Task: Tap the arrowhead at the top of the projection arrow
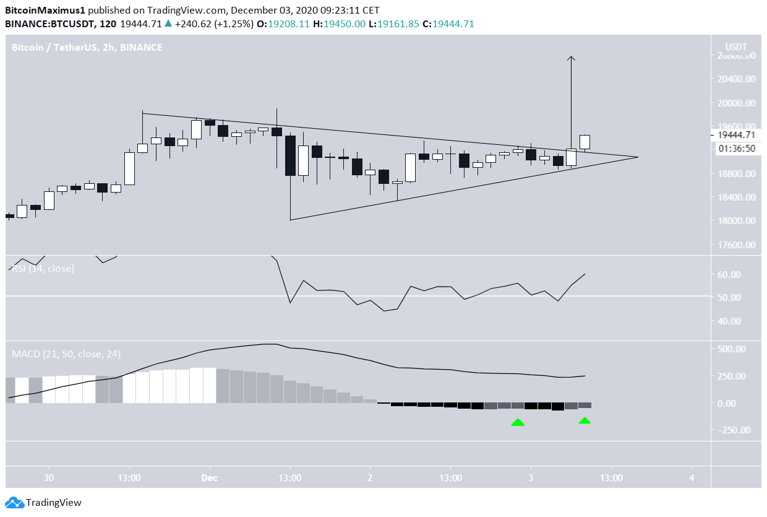point(571,58)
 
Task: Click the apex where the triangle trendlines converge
point(638,157)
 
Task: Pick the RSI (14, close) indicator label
point(43,269)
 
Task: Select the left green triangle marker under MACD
point(518,422)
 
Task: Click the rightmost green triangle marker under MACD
point(585,421)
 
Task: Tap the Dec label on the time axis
point(210,477)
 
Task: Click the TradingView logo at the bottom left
point(43,503)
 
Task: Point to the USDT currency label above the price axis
point(735,47)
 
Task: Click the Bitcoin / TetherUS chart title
point(87,47)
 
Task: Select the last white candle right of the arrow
point(585,142)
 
